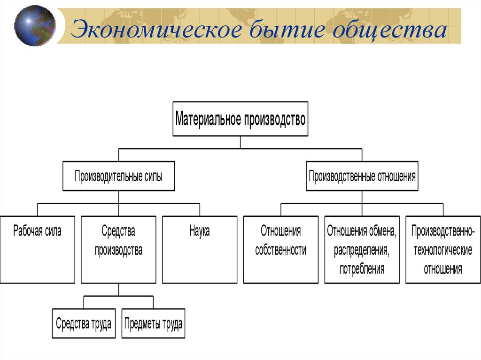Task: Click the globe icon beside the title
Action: (x=35, y=25)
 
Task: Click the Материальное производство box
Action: (x=240, y=119)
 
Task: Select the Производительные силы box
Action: (x=118, y=176)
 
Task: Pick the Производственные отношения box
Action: (x=362, y=176)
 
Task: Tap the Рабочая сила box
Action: (x=37, y=249)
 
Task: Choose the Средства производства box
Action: (x=118, y=249)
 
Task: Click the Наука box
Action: (x=200, y=249)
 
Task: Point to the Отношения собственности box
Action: (x=280, y=249)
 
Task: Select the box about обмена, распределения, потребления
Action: (x=362, y=249)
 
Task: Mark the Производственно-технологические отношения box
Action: (x=443, y=249)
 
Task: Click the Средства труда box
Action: (x=84, y=323)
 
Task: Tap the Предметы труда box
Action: (x=153, y=323)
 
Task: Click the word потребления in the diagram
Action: (x=362, y=269)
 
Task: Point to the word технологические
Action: (x=442, y=250)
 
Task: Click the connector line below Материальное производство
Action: (x=240, y=142)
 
